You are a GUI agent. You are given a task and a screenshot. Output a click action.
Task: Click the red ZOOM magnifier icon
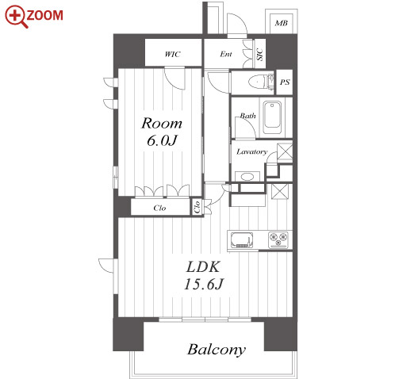pyautogui.click(x=15, y=17)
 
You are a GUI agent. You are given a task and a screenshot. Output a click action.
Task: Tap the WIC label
pyautogui.click(x=172, y=54)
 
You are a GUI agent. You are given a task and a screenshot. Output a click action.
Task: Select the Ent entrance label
pyautogui.click(x=226, y=54)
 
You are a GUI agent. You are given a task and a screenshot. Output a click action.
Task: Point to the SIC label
pyautogui.click(x=260, y=54)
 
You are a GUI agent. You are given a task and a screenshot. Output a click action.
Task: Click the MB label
pyautogui.click(x=281, y=23)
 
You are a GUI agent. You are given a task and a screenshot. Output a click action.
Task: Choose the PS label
pyautogui.click(x=285, y=82)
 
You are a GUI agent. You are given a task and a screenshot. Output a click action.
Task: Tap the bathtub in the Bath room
pyautogui.click(x=272, y=118)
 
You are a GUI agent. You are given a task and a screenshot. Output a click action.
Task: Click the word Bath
pyautogui.click(x=247, y=116)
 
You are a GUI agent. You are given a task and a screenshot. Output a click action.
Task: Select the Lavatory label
pyautogui.click(x=251, y=151)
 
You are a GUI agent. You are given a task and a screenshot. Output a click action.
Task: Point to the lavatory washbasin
pyautogui.click(x=247, y=177)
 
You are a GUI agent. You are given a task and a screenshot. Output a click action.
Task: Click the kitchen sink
pyautogui.click(x=242, y=240)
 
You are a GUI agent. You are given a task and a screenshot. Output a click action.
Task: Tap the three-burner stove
pyautogui.click(x=278, y=239)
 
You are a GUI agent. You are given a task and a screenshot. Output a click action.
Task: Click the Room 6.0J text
pyautogui.click(x=162, y=132)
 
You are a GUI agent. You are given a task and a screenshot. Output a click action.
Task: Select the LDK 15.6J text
pyautogui.click(x=203, y=275)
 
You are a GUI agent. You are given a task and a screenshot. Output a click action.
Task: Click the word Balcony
pyautogui.click(x=217, y=350)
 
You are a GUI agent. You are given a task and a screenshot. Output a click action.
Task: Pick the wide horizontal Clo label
pyautogui.click(x=159, y=208)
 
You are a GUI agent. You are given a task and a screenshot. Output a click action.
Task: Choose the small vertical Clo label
pyautogui.click(x=197, y=207)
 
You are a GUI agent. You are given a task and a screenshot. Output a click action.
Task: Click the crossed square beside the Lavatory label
pyautogui.click(x=285, y=151)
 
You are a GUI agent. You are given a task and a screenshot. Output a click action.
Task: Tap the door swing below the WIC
pyautogui.click(x=174, y=78)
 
